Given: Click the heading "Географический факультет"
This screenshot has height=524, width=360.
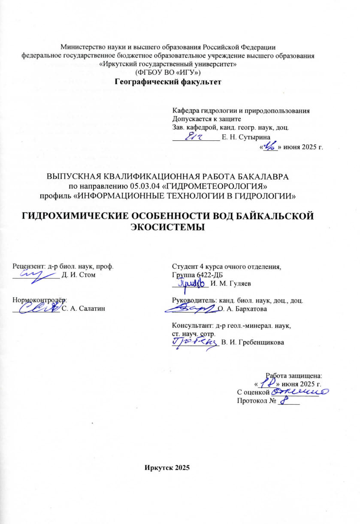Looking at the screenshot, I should point(168,82).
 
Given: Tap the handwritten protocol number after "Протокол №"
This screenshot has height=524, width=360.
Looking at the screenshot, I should point(283,400).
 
